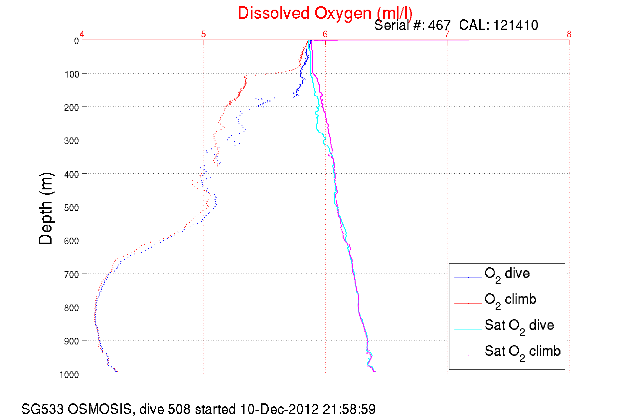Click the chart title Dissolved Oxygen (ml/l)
[x=325, y=14]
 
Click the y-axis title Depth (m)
[x=46, y=209]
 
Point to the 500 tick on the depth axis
[x=72, y=208]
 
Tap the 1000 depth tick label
[x=69, y=375]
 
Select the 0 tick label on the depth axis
[x=76, y=41]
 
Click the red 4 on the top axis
[x=82, y=34]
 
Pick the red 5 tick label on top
[x=204, y=34]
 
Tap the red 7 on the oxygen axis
[x=447, y=34]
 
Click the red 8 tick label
[x=569, y=34]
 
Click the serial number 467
[x=439, y=25]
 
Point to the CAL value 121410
[x=516, y=25]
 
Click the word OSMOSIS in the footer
[x=100, y=409]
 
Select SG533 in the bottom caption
[x=42, y=409]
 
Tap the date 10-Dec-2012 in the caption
[x=279, y=409]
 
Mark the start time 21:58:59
[x=349, y=409]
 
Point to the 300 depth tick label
[x=72, y=141]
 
